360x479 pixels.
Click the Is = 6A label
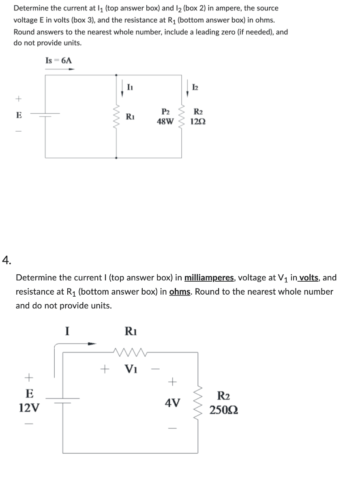click(59, 61)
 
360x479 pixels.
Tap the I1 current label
click(129, 86)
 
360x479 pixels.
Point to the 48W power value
click(165, 121)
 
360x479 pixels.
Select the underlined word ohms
click(180, 292)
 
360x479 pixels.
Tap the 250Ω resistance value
click(224, 410)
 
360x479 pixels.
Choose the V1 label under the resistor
click(130, 369)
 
